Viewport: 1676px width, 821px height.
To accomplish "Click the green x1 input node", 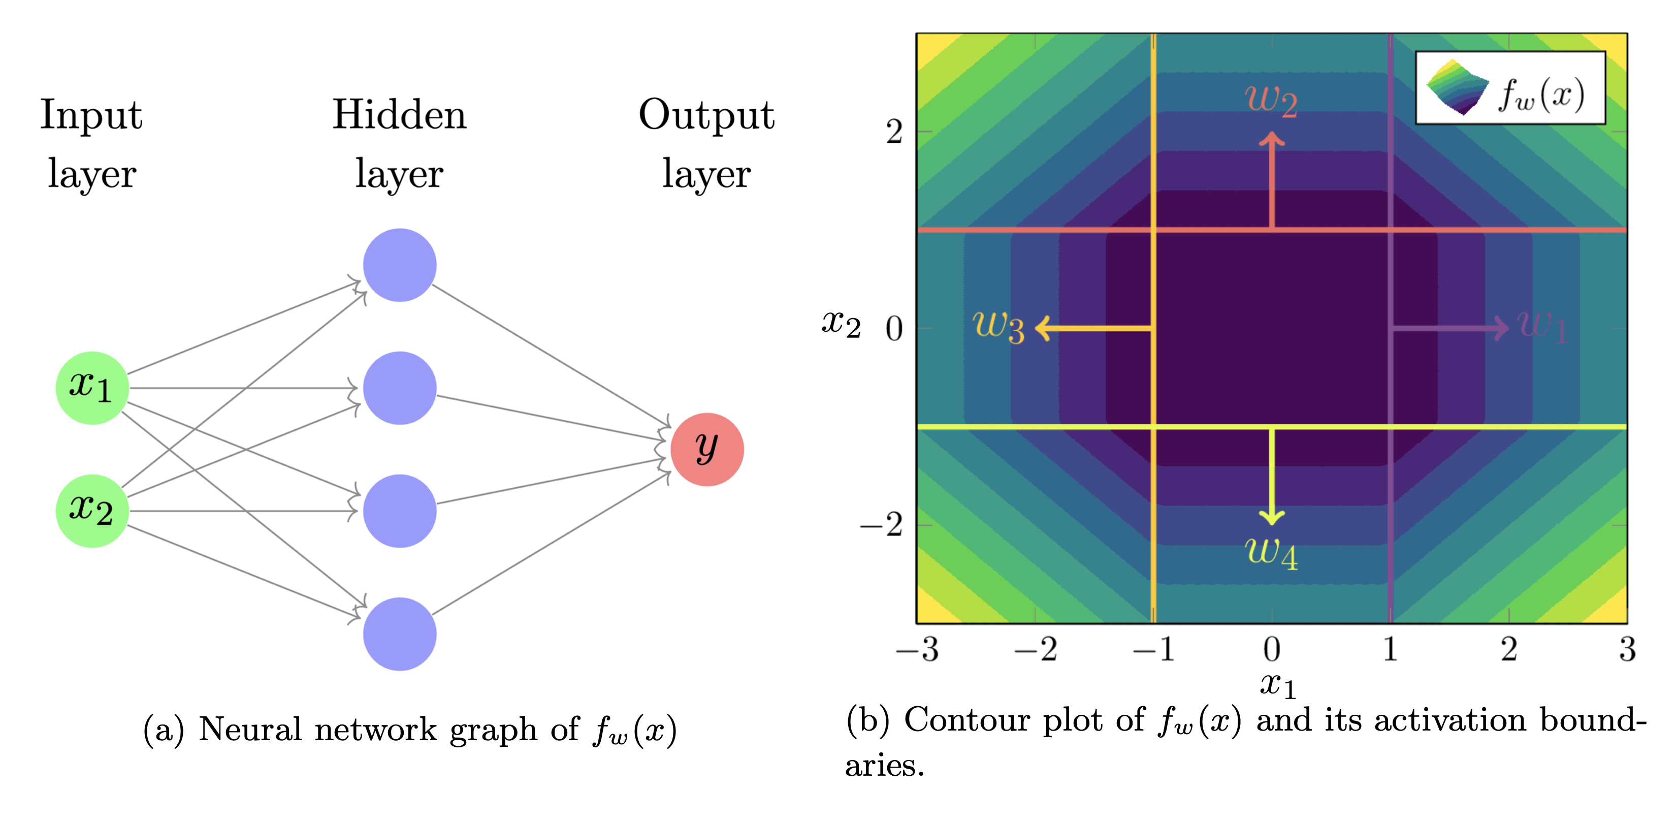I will [x=92, y=388].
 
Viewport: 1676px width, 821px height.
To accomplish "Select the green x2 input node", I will [x=92, y=511].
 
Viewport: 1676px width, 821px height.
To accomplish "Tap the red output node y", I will [x=706, y=449].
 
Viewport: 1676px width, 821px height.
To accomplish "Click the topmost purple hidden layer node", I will [x=400, y=265].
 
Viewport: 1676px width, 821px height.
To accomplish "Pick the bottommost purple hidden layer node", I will [x=400, y=634].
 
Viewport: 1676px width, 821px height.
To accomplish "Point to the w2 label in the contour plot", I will [x=1271, y=101].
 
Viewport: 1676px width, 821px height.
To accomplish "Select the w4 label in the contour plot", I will [x=1271, y=553].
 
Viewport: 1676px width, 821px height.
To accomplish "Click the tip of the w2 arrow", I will [x=1272, y=134].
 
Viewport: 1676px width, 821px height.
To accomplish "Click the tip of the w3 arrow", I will [x=1037, y=328].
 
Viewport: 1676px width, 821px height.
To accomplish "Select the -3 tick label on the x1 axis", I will [x=917, y=650].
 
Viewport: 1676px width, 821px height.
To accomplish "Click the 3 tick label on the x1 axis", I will [x=1627, y=650].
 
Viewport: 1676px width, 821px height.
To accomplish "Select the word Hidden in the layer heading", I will [x=400, y=115].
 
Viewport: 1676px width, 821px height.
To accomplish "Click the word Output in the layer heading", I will [x=706, y=115].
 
